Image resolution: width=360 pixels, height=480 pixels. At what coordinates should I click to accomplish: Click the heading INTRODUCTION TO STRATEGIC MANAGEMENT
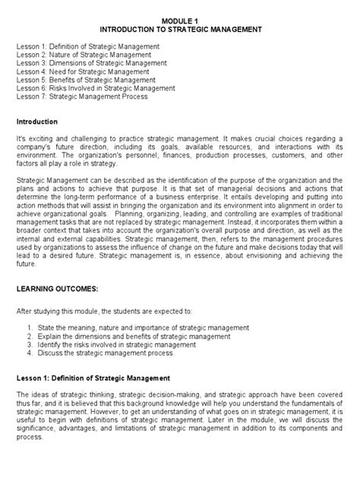[181, 29]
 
